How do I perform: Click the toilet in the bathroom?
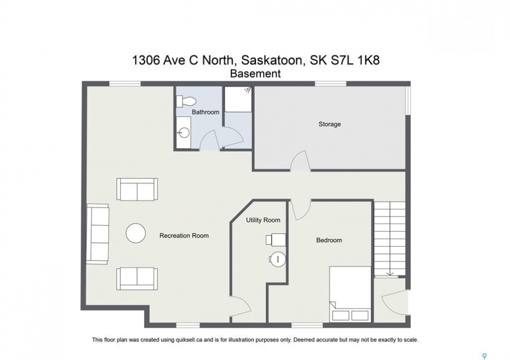point(186,101)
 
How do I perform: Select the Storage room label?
point(329,124)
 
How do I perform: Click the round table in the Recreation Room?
point(136,233)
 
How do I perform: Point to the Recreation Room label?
point(184,235)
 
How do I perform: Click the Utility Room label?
point(263,220)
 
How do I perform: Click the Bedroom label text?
point(329,240)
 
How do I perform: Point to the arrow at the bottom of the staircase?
point(390,273)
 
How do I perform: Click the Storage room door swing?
point(300,161)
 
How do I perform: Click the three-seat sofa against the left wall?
point(98,234)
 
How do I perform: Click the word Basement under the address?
point(255,74)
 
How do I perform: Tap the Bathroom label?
point(206,112)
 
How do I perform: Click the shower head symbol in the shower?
point(249,89)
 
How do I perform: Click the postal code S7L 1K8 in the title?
point(360,60)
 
